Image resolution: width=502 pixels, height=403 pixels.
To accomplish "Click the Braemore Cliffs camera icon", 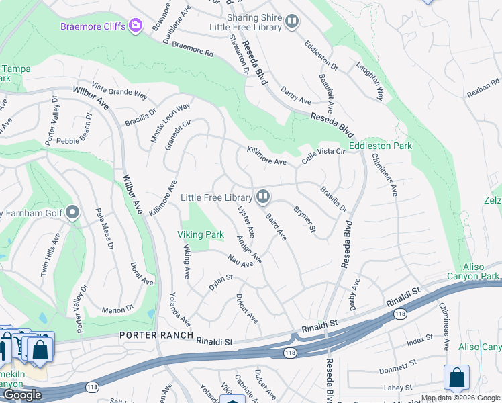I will [136, 26].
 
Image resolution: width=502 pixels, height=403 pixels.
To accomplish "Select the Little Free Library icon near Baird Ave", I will [263, 197].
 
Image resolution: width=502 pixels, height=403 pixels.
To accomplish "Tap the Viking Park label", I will [200, 235].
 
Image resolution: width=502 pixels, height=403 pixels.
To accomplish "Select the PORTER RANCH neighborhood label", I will [156, 335].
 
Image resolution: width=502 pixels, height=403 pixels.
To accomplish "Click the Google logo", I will [22, 395].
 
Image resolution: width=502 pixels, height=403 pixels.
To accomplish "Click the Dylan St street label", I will [220, 282].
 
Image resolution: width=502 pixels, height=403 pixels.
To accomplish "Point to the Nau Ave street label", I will [240, 261].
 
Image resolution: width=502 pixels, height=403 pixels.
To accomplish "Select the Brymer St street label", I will [304, 220].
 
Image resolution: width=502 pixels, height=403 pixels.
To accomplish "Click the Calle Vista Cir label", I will [323, 156].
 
